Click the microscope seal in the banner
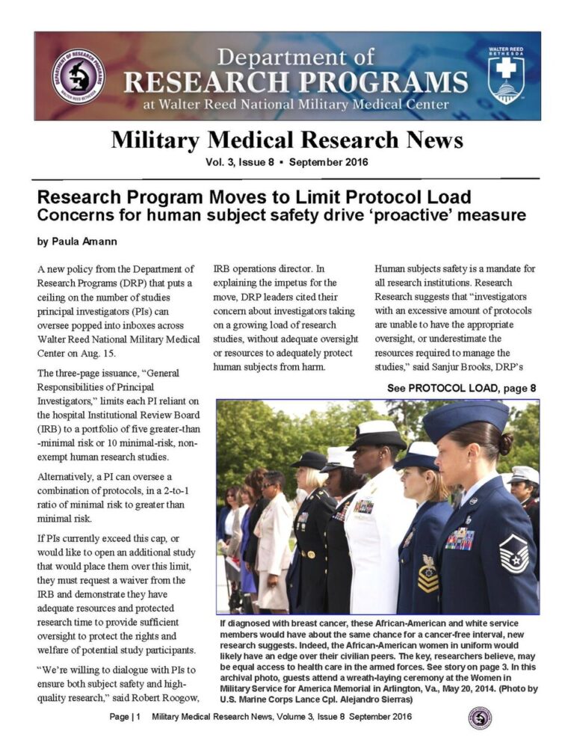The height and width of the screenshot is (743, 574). (x=78, y=76)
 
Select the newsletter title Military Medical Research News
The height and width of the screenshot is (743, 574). (x=287, y=140)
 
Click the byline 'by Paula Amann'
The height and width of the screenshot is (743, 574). (x=78, y=242)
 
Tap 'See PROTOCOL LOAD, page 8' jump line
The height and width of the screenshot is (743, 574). (x=461, y=388)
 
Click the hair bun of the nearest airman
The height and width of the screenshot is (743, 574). (x=505, y=444)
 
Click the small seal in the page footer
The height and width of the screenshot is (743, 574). (x=479, y=718)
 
